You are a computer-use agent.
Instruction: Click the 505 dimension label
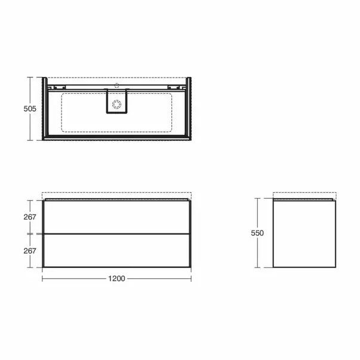pos(30,109)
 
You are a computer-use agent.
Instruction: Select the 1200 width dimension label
pos(116,278)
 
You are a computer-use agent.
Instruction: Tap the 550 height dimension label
pos(257,233)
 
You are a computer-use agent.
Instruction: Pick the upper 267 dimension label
pos(30,217)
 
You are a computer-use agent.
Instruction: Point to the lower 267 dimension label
pos(30,251)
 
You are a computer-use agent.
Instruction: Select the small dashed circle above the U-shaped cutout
pos(116,85)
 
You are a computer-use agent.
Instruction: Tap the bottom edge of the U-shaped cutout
pos(116,112)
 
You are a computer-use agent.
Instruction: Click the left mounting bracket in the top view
pos(57,87)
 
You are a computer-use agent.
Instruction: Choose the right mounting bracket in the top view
pos(177,87)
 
